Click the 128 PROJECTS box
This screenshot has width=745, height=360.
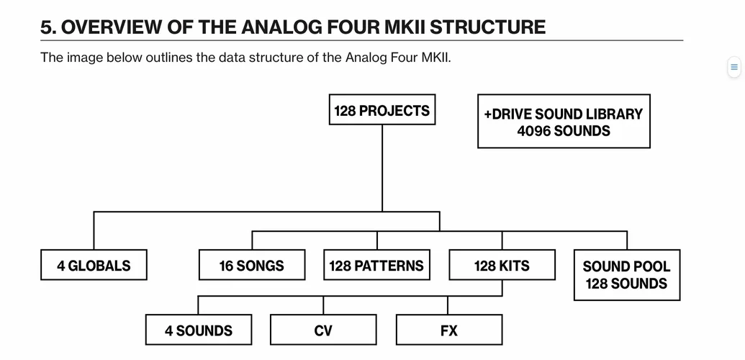[x=381, y=110]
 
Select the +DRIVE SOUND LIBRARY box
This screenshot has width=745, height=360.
[x=564, y=122]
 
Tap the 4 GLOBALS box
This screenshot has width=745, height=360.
[x=94, y=265]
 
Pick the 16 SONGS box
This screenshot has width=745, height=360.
[x=251, y=265]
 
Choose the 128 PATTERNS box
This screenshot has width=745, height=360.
[x=376, y=265]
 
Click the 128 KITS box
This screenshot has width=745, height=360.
[x=502, y=265]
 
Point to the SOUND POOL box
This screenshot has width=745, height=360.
[x=626, y=274]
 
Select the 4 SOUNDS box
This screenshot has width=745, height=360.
[x=199, y=330]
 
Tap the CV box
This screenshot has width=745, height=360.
[x=323, y=330]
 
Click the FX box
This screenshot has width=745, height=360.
[x=448, y=330]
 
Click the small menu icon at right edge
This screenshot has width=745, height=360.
[x=734, y=67]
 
